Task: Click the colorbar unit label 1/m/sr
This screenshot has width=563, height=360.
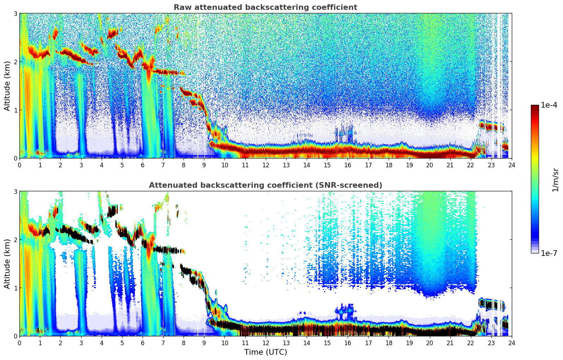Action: tap(555, 180)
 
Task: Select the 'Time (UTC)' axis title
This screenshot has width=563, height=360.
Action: tap(265, 352)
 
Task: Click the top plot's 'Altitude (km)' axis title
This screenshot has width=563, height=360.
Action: tap(7, 86)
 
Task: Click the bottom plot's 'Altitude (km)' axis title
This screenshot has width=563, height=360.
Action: tap(7, 264)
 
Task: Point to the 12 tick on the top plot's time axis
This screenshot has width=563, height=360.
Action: tap(265, 165)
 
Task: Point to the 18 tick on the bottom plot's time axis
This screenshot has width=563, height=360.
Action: tap(389, 343)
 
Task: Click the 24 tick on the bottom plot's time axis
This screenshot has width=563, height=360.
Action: tap(511, 343)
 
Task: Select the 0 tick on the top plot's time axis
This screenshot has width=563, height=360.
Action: tap(19, 165)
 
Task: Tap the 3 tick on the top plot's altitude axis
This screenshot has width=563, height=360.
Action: tap(15, 13)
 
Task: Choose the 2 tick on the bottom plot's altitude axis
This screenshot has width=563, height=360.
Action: tap(15, 240)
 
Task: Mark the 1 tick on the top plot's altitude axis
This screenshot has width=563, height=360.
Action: tap(15, 110)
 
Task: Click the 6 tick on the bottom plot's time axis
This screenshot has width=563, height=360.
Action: tap(143, 343)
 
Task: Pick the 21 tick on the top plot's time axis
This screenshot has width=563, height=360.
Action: tap(450, 165)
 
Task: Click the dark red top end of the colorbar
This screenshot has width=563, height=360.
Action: tap(535, 106)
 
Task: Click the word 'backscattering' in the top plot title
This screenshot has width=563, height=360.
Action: tap(270, 7)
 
